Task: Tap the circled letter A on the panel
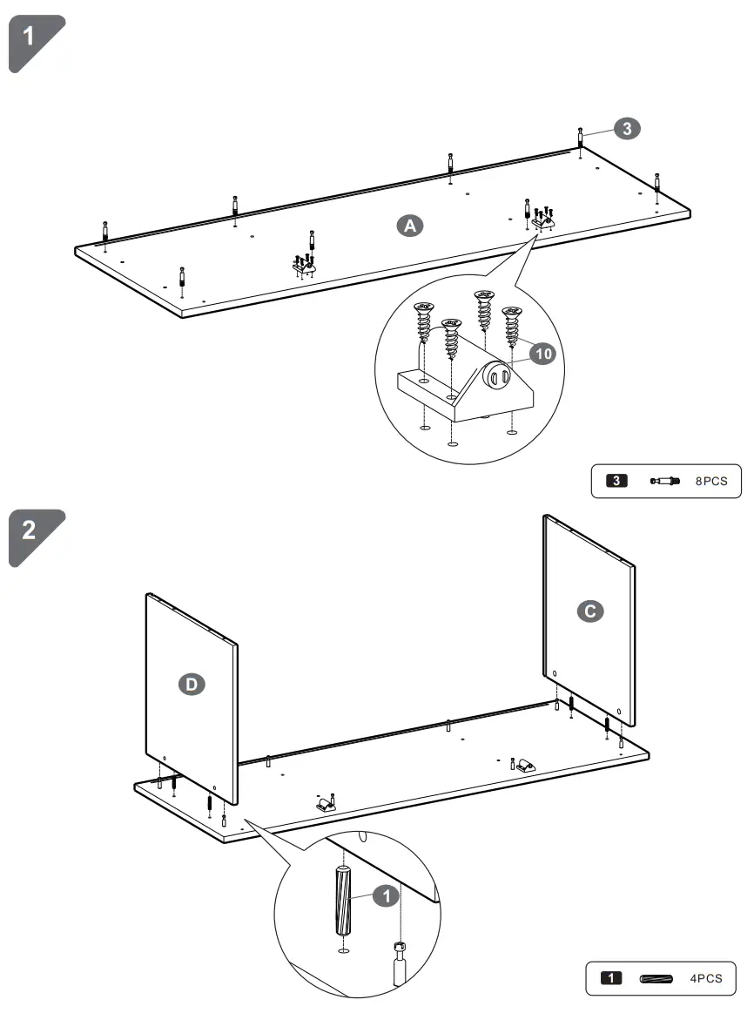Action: coord(409,226)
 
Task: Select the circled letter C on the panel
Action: coord(590,611)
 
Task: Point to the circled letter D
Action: coord(192,685)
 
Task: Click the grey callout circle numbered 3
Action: coord(627,129)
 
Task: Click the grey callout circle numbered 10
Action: coord(542,353)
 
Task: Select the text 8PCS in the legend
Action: coord(712,480)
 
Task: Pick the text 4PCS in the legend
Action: coord(706,978)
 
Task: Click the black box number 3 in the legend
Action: coord(616,480)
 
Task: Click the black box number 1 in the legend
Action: coord(612,978)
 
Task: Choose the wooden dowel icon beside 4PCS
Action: coord(656,978)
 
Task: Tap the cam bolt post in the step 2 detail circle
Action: coord(400,962)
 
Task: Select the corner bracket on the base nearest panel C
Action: coord(524,766)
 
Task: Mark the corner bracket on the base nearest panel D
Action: coord(325,802)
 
